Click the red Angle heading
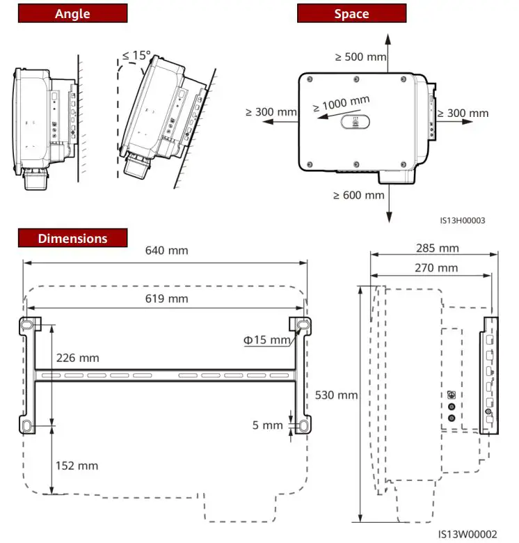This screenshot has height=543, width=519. [x=72, y=14]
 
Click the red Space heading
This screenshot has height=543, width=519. [x=351, y=14]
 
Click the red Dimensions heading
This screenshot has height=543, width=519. [x=72, y=238]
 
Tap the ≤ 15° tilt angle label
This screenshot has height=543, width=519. [x=136, y=55]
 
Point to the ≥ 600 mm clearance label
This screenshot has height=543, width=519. [x=358, y=195]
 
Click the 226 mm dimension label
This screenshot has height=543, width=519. [x=77, y=358]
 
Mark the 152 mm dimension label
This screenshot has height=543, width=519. [x=77, y=465]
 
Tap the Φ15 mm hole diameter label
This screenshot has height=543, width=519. [x=266, y=340]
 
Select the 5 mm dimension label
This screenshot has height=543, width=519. [x=268, y=425]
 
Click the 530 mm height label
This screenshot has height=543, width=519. [x=336, y=395]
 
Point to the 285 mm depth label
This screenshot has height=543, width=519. [x=436, y=248]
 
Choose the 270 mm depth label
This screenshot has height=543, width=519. [x=436, y=267]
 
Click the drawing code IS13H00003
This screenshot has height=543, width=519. [x=462, y=220]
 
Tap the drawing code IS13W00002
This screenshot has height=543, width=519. [x=468, y=534]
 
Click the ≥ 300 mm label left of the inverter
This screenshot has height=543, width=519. [x=271, y=111]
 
